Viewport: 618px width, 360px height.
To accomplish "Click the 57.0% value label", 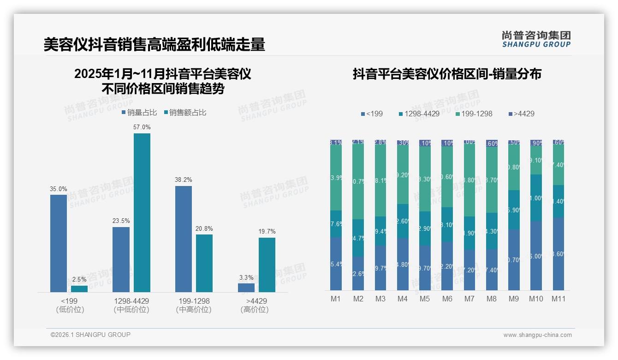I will click(142, 127).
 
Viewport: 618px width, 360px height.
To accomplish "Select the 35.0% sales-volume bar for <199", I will click(59, 243).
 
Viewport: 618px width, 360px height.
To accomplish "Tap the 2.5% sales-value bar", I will click(79, 289).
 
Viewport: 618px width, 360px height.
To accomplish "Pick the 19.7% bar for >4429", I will click(267, 265).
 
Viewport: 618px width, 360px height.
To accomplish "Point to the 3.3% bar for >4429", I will click(246, 288).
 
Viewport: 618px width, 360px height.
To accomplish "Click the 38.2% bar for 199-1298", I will click(184, 239).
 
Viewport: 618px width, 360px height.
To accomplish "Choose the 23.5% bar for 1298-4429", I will click(121, 259).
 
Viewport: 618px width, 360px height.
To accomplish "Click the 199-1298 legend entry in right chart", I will click(474, 114).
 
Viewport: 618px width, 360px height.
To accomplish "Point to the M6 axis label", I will click(447, 299).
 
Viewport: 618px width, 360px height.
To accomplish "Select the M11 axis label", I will click(559, 299).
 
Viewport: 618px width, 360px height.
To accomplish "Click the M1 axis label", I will click(336, 299).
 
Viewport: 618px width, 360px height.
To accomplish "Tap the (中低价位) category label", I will click(131, 310).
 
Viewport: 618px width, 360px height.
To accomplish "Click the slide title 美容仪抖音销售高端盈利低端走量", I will click(154, 44).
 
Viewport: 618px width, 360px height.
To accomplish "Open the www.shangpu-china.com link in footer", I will click(537, 335).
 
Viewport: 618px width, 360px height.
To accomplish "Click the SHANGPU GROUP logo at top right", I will click(536, 39).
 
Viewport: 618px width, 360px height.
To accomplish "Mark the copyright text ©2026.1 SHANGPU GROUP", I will click(90, 335).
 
